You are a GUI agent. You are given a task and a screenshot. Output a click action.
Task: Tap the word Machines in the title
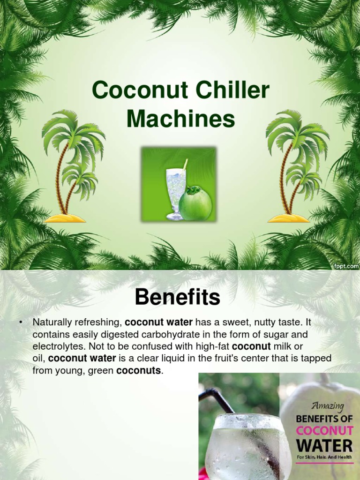pos(180,119)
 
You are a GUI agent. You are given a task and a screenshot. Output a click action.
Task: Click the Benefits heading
pos(177,297)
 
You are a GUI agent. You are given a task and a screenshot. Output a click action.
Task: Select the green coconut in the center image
pos(195,204)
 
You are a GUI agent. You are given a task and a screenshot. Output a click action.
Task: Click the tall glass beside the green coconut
pos(176,193)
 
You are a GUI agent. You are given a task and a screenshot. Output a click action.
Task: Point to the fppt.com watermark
pos(346,265)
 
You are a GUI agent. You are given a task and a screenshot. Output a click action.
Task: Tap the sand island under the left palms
pos(65,218)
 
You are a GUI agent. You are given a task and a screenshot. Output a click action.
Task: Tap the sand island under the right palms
pos(289,218)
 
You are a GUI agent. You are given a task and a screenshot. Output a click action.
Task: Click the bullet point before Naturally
pos(21,322)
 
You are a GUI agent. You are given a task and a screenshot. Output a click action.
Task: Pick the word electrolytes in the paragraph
pos(57,347)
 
